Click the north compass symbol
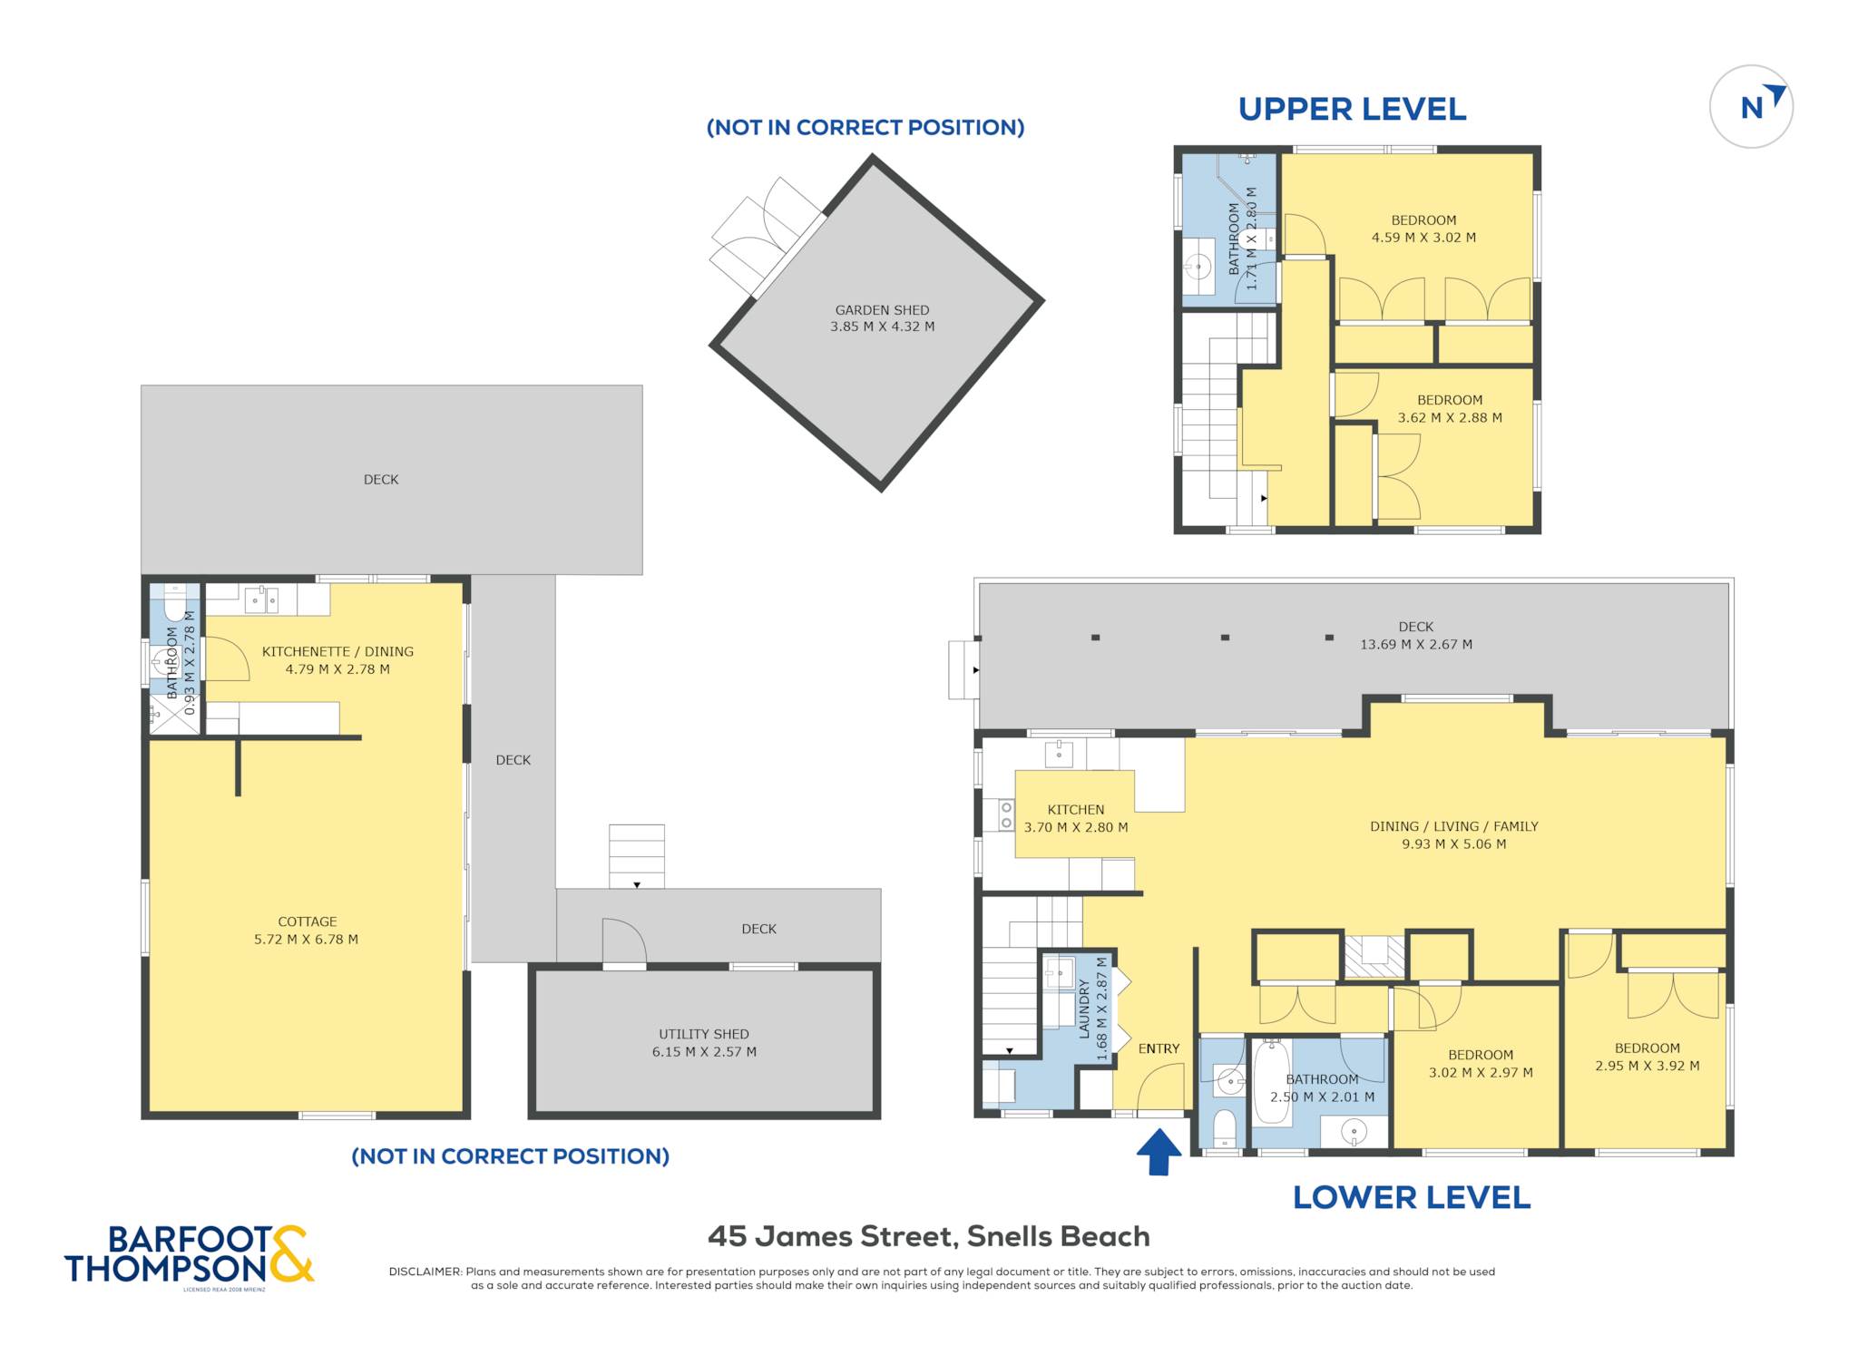tap(1751, 106)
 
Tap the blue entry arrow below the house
tap(1159, 1151)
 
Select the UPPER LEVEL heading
tap(1352, 109)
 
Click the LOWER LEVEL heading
tap(1412, 1197)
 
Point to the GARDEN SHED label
tap(882, 310)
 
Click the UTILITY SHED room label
tap(704, 1034)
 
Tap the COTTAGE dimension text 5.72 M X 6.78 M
tap(307, 940)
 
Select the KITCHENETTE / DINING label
tap(337, 651)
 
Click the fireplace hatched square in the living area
tap(1374, 956)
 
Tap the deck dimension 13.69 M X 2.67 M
tap(1415, 645)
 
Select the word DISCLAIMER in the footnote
tap(425, 1272)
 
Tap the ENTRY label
tap(1159, 1048)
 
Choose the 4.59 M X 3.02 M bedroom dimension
tap(1423, 238)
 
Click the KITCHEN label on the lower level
tap(1076, 810)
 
